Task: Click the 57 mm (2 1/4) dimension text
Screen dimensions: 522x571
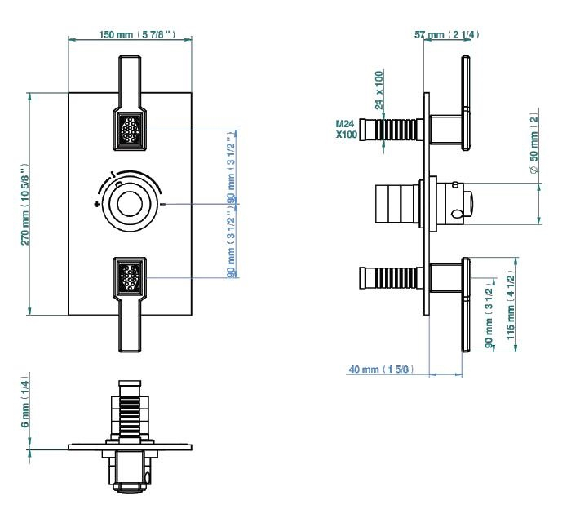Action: point(447,34)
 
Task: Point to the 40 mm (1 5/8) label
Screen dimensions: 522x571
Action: point(381,369)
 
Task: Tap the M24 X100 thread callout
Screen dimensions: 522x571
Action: point(346,130)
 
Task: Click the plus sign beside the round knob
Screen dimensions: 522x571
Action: point(97,204)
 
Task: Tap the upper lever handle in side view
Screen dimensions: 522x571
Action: point(466,102)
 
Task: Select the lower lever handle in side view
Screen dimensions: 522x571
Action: point(466,306)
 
